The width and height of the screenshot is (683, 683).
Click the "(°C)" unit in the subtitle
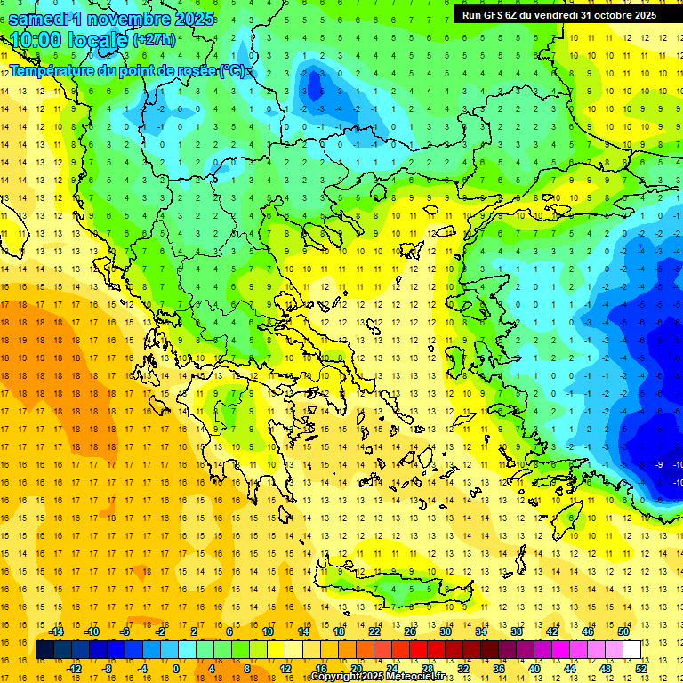coord(234,70)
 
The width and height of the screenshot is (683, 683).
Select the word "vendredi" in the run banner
coord(550,15)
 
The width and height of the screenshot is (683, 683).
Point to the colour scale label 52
coord(641,669)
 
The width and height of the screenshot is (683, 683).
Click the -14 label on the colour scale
coord(57,631)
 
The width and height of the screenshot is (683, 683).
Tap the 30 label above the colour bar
coord(445,631)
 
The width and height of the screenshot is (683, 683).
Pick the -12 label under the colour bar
coord(75,669)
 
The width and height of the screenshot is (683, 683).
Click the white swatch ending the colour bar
coord(631,650)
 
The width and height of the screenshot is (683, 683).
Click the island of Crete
coord(400,589)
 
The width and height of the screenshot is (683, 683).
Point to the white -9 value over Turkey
coord(659,465)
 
